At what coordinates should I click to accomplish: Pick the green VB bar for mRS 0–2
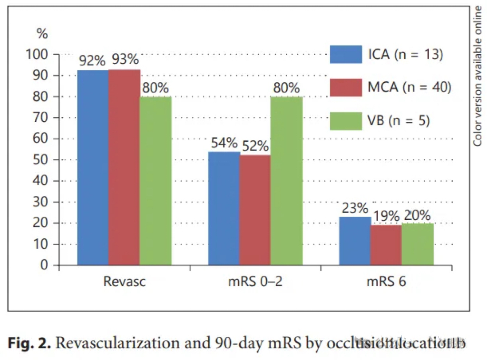point(287,181)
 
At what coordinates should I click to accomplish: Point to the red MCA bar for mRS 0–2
point(255,210)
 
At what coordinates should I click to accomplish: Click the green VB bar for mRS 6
point(418,244)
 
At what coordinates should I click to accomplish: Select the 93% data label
point(125,59)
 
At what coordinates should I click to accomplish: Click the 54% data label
point(224,142)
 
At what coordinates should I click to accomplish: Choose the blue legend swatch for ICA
point(346,54)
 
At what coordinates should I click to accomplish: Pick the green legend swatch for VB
point(346,120)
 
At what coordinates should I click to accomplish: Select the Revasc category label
point(124,282)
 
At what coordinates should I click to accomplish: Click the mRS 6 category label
point(386,282)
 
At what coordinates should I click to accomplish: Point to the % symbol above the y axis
point(43,34)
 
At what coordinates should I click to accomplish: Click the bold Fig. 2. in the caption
point(29,343)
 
